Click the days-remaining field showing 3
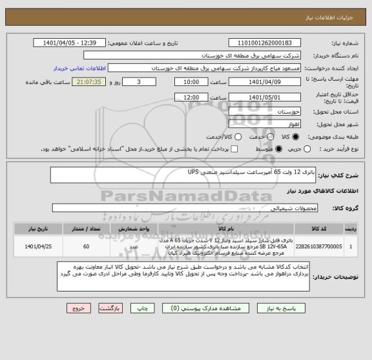point(140,83)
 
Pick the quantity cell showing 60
point(86,246)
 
